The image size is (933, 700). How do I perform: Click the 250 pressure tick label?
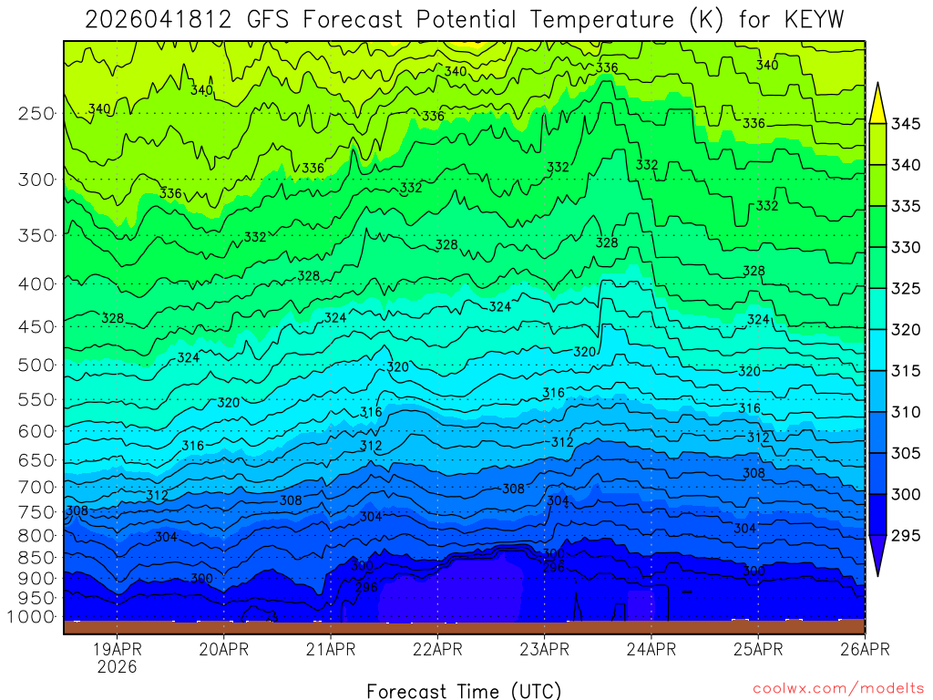(36, 114)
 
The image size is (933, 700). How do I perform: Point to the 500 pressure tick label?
(36, 365)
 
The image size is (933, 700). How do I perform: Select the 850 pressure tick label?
(36, 557)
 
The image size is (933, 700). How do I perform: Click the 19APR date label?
(117, 650)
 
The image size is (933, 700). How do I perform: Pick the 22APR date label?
(436, 650)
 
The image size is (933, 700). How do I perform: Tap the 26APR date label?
(864, 650)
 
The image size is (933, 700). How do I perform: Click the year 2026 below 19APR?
(117, 667)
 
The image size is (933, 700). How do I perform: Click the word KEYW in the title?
(817, 20)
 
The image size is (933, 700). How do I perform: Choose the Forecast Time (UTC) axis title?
(464, 690)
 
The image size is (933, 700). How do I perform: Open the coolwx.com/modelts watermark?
(837, 688)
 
